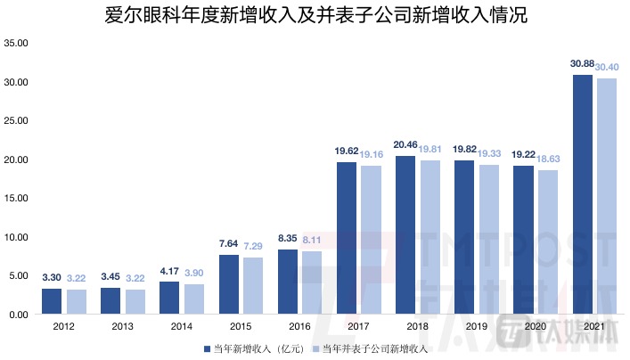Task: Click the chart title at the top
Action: [x=315, y=16]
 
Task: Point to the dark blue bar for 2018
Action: [x=406, y=235]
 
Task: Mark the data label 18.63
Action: [x=548, y=159]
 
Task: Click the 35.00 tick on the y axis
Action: [x=18, y=43]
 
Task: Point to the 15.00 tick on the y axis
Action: [x=18, y=198]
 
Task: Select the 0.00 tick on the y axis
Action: [x=20, y=315]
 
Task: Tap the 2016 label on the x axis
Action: [x=300, y=327]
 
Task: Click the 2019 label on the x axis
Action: [x=477, y=327]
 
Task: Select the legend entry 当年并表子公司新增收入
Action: [x=373, y=348]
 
